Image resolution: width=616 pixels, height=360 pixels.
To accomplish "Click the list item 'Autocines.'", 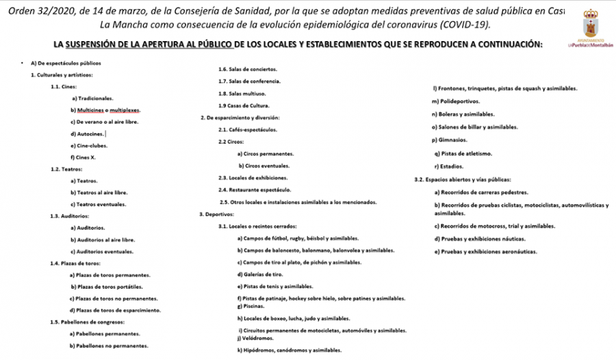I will coord(88,133).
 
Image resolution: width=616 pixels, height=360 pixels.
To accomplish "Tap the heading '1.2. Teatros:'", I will coord(66,168).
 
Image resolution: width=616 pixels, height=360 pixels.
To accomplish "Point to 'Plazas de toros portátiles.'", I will coord(106,287).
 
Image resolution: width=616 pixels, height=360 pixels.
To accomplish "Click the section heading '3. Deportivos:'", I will coord(214,214).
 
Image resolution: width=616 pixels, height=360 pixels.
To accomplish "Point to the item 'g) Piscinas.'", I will coord(251,306).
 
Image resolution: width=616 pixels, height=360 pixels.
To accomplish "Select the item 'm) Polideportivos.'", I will coord(456,101).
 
